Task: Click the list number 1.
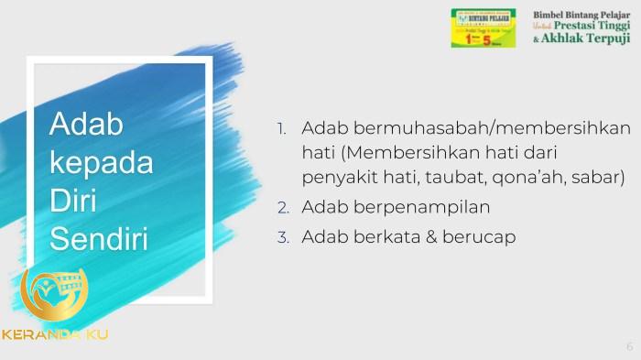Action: coord(283,128)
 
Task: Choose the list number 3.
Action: coord(284,237)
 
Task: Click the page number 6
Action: coord(629,346)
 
